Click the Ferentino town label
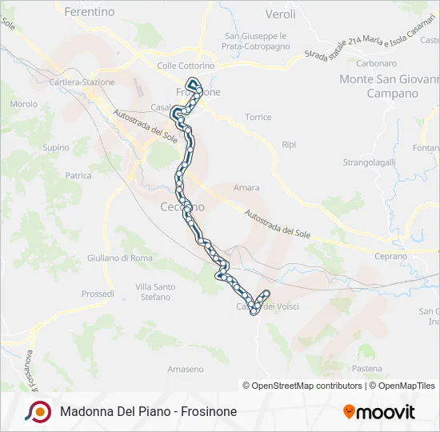[x=89, y=12]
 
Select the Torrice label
[x=258, y=117]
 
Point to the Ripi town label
[x=289, y=144]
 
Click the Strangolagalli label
[x=370, y=162]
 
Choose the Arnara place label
[x=246, y=188]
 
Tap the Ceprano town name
[x=391, y=256]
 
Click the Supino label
[x=56, y=147]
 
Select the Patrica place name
[x=78, y=175]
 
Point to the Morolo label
[x=24, y=104]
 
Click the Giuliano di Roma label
[x=120, y=258]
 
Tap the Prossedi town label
[x=98, y=294]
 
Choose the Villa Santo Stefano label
[x=155, y=292]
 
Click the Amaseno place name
[x=186, y=369]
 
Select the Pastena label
[x=367, y=368]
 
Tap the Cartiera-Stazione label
[x=82, y=82]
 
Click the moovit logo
[x=379, y=412]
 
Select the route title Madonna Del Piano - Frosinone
[x=148, y=412]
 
